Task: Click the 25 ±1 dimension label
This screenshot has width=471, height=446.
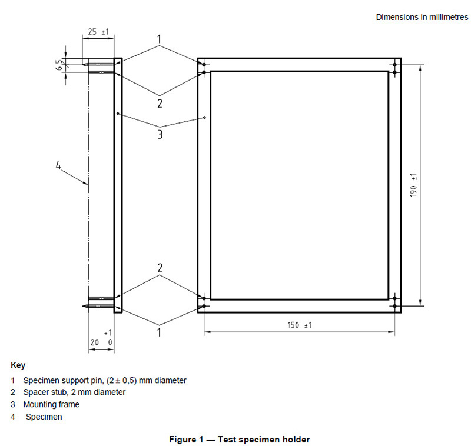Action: [98, 32]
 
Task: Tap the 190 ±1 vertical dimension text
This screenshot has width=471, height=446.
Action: [413, 185]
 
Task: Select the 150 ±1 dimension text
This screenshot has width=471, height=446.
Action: [300, 325]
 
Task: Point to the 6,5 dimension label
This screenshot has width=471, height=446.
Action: [60, 65]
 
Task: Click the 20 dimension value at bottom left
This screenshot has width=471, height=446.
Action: [95, 342]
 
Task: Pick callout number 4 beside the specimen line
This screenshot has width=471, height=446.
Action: [58, 165]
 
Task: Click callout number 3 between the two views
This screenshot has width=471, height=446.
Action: [160, 134]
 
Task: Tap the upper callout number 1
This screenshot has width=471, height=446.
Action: [159, 39]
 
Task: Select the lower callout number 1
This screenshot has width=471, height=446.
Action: [159, 332]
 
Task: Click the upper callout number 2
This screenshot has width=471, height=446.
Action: [160, 104]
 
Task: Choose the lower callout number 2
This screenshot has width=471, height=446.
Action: [160, 268]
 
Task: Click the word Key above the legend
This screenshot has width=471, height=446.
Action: [18, 365]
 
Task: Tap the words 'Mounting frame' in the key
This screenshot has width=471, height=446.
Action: [51, 404]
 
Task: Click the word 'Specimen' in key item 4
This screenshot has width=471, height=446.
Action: [44, 417]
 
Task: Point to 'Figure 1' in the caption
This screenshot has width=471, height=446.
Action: [186, 440]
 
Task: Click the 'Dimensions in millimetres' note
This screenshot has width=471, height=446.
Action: [422, 17]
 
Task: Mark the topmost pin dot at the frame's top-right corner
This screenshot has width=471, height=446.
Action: [394, 65]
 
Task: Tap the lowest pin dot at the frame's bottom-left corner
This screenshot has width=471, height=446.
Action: [204, 306]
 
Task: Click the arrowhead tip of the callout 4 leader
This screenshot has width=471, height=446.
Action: [88, 184]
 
